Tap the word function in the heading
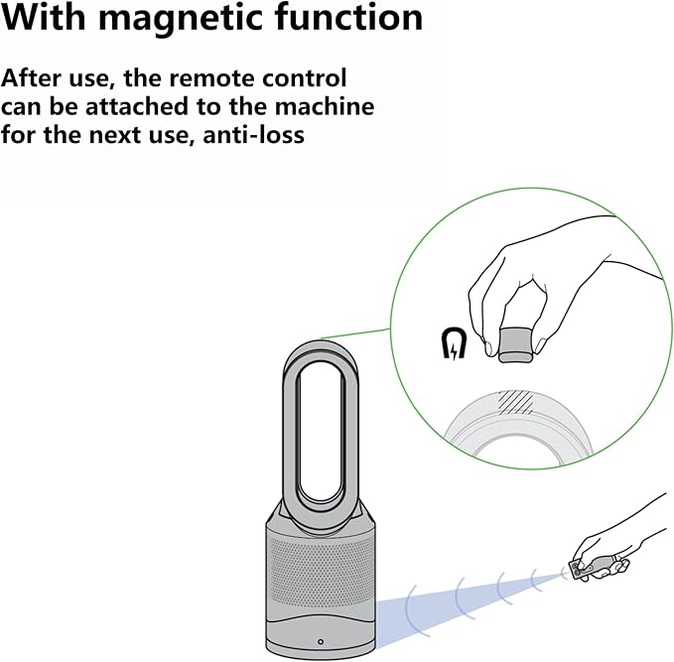tap(349, 17)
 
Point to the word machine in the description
tap(325, 106)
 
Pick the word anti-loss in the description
tap(253, 135)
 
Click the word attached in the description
tap(138, 106)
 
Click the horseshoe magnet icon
tap(455, 343)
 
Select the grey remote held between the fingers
tap(517, 344)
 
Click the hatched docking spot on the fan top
tap(515, 402)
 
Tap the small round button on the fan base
tap(321, 642)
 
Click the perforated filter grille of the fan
tap(321, 572)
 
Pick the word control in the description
tap(305, 77)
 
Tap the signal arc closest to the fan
tap(408, 609)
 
